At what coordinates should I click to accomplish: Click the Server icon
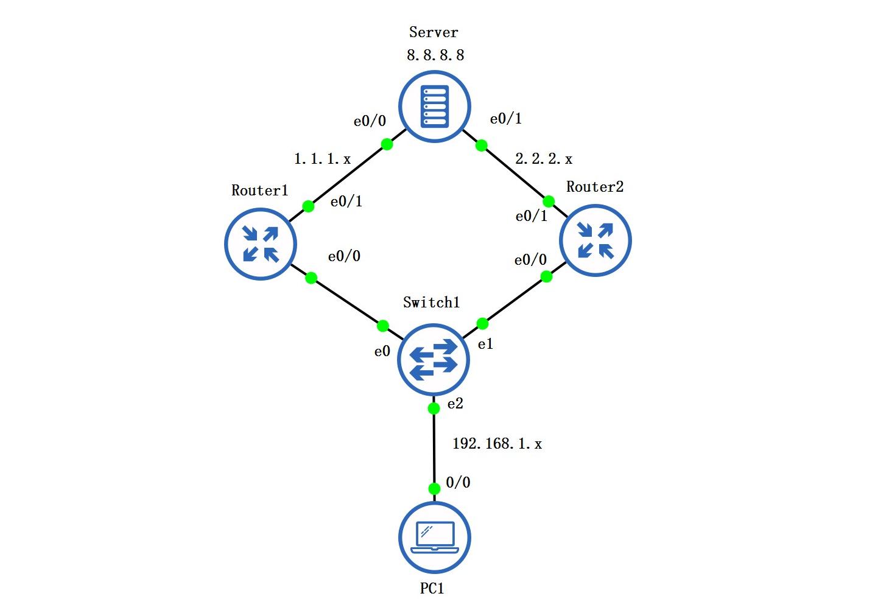coord(434,107)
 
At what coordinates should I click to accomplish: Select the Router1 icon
coord(261,243)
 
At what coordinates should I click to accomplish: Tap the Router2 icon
coord(595,240)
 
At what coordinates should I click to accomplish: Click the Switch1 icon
coord(433,359)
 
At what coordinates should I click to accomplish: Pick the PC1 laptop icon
coord(434,538)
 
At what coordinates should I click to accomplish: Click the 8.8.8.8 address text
coord(435,55)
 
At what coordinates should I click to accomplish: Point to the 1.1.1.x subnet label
coord(322,159)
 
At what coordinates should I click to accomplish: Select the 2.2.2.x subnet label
coord(544,159)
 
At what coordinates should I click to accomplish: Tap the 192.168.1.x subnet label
coord(497,444)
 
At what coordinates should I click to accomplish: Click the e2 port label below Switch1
coord(455,404)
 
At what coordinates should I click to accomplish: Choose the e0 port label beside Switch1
coord(382,352)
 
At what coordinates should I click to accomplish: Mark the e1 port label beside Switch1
coord(485,345)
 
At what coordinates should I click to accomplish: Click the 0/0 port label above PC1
coord(458,483)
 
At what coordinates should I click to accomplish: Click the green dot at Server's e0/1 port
coord(481,145)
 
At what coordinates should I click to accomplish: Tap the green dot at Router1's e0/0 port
coord(311,278)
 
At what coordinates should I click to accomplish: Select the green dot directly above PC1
coord(434,489)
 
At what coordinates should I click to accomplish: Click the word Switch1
coord(431,303)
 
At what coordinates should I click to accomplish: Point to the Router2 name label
coord(595,187)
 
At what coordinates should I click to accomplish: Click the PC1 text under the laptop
coord(432,589)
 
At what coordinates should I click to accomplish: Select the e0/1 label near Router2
coord(531,216)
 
